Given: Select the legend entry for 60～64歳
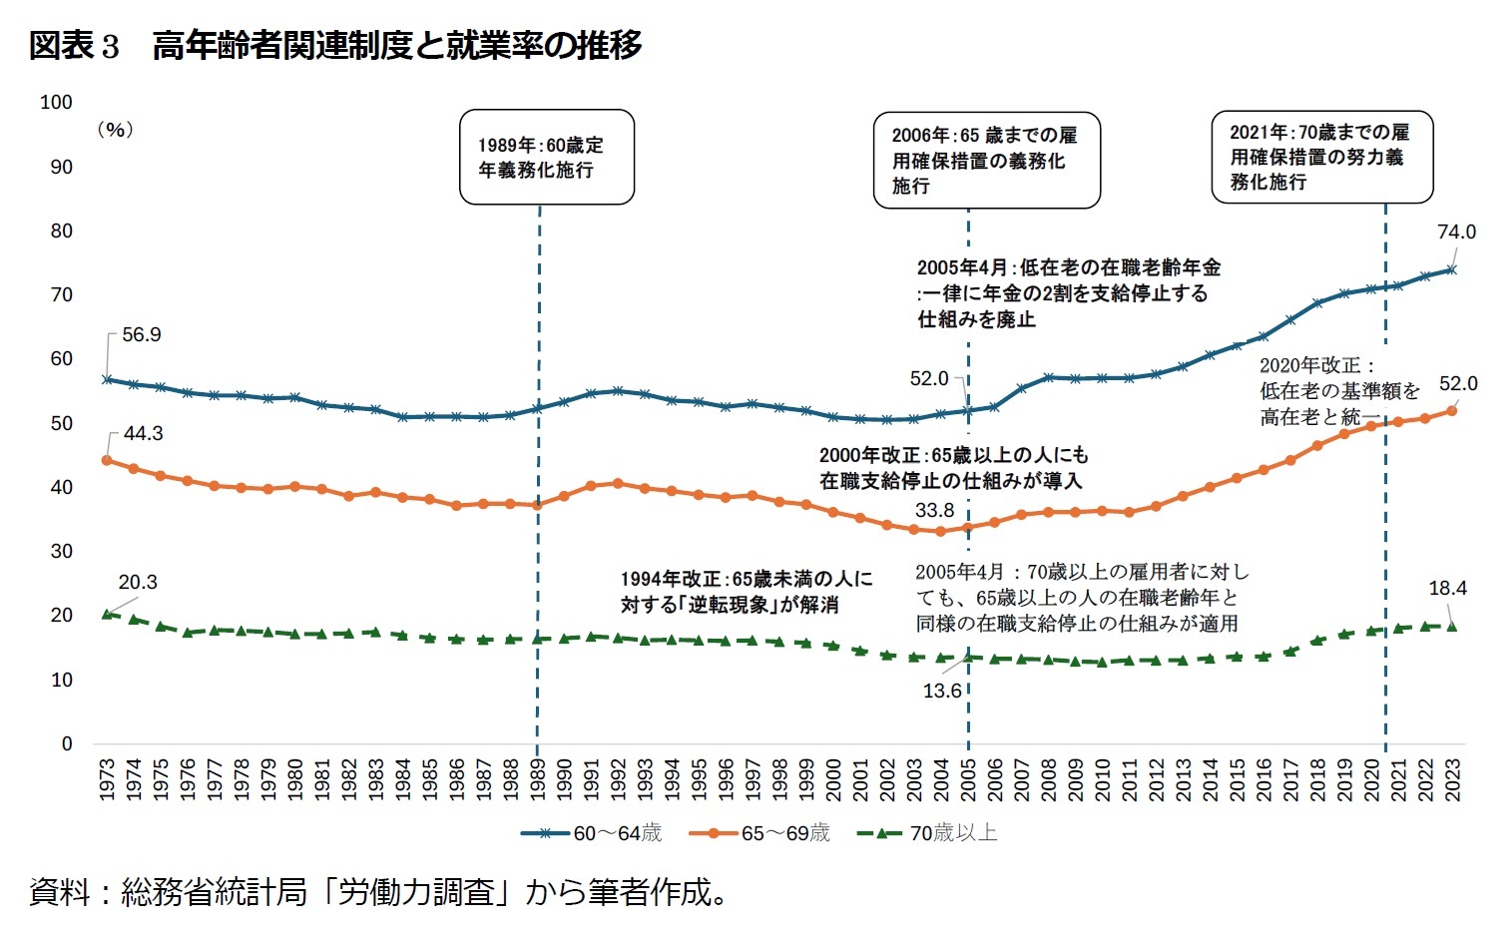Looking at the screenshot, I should click(x=592, y=833).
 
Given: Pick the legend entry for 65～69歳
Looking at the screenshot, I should click(x=760, y=833).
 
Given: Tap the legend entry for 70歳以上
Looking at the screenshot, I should click(x=928, y=833).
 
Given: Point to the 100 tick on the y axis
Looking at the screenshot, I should click(x=56, y=102).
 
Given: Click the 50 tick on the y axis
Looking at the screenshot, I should click(x=61, y=423).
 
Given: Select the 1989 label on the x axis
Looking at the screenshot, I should click(x=538, y=779).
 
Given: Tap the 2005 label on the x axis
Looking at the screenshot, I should click(x=968, y=779).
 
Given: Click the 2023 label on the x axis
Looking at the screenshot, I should click(x=1452, y=779).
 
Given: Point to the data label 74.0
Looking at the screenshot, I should click(x=1455, y=232).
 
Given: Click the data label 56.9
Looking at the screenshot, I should click(x=141, y=335).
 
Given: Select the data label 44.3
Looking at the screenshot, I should click(x=143, y=434).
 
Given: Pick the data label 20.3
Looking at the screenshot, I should click(x=138, y=583).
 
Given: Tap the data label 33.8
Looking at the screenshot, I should click(x=934, y=511).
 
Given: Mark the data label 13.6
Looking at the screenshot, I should click(x=941, y=691).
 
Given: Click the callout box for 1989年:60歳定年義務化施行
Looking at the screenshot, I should click(x=546, y=158).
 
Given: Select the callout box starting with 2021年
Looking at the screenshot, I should click(x=1321, y=158).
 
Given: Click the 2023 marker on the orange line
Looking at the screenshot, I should click(x=1451, y=411).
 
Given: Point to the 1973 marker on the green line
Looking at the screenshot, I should click(x=107, y=614).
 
